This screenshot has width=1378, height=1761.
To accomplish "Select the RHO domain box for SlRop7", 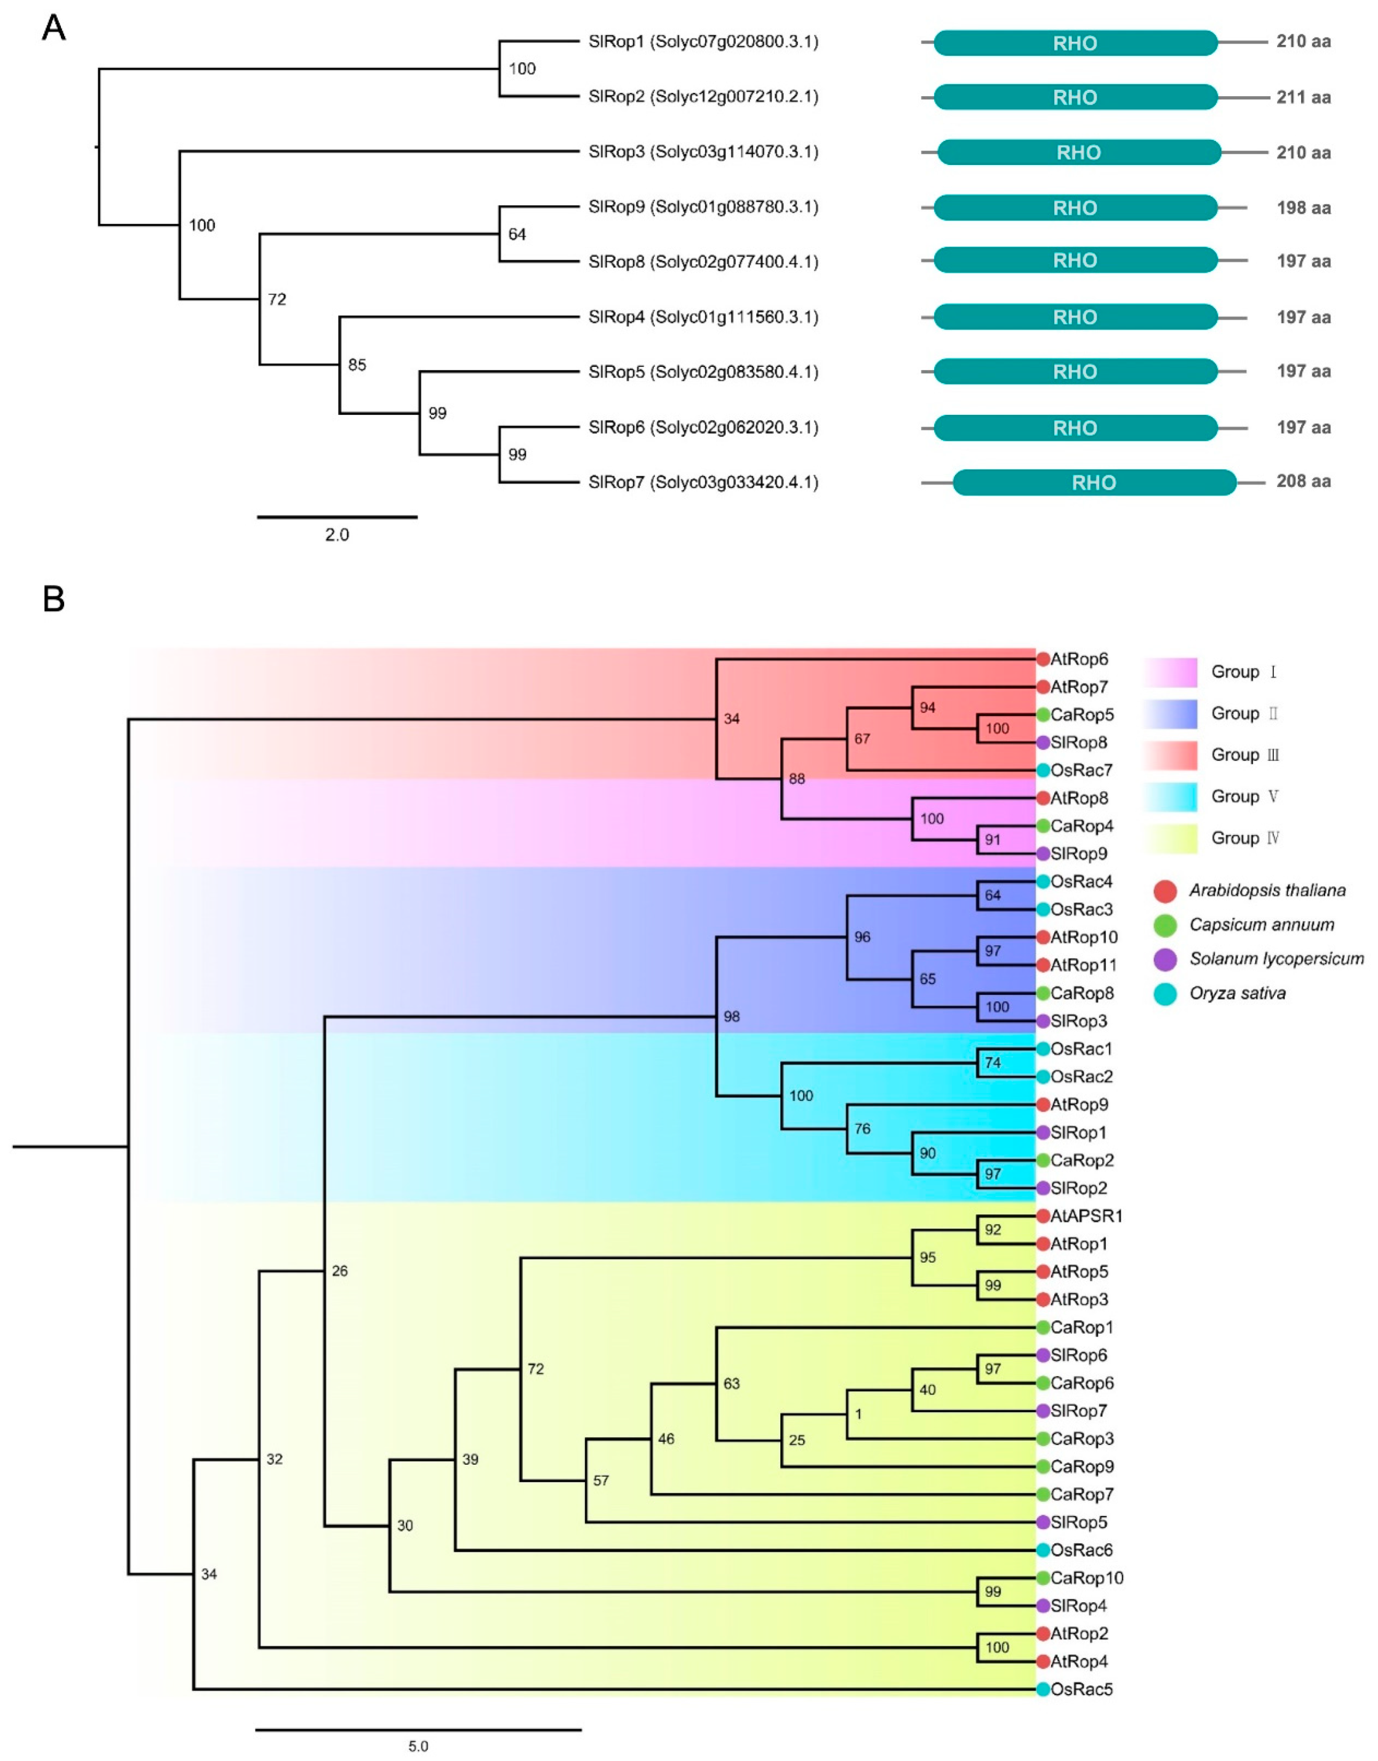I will [1093, 482].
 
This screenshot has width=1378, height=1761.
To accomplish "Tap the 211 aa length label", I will [1303, 98].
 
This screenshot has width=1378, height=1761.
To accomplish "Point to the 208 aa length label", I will [1303, 482].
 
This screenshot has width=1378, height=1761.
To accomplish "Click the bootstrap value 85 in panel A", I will [357, 365].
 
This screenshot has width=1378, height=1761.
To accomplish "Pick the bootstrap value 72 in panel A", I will [277, 299].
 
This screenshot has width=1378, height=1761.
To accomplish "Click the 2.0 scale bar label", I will [336, 535].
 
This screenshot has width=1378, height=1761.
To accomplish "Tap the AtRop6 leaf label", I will [1079, 659].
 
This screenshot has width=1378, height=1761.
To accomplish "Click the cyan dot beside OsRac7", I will [1043, 771].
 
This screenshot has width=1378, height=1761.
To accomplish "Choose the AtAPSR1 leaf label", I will [1086, 1216].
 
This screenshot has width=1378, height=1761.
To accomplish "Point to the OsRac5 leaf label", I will [1081, 1689].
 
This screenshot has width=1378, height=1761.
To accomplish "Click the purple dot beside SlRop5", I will [1043, 1522].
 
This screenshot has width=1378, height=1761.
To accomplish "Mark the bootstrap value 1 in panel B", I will [858, 1414].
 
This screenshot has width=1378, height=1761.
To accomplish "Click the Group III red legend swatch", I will [1170, 755].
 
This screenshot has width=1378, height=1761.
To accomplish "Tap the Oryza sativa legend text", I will [1237, 993].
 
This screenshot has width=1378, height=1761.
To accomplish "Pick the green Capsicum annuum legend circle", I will [1165, 925].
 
